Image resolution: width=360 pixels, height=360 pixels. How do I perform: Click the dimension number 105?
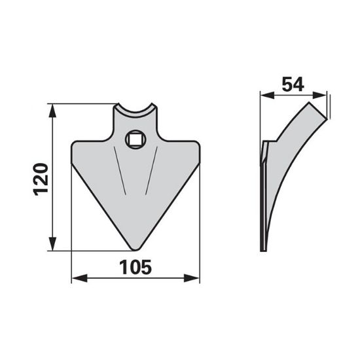[135, 267]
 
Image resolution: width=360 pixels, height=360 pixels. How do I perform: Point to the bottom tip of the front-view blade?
[135, 248]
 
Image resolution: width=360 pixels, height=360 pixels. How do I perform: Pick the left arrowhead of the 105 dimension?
[73, 280]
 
